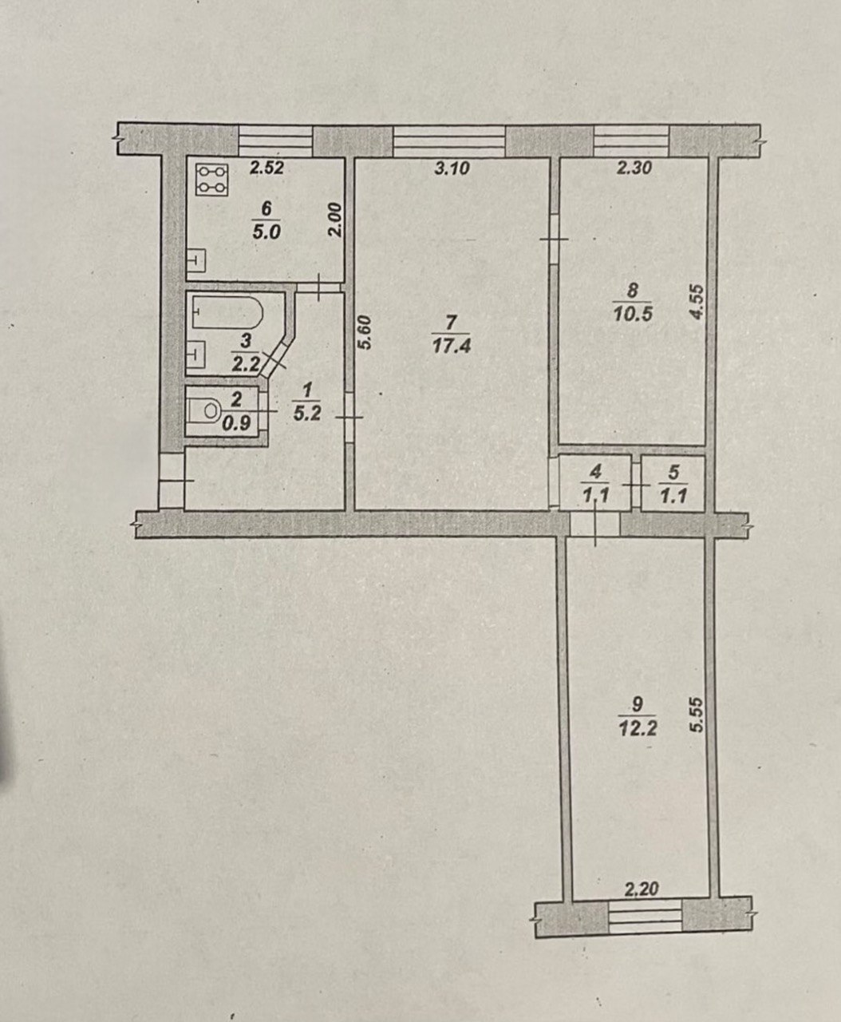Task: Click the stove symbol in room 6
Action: [x=211, y=179]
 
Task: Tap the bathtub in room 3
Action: [x=227, y=311]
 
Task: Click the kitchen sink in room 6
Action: [x=196, y=260]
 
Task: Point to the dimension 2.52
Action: [x=267, y=168]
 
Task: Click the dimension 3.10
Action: [x=452, y=168]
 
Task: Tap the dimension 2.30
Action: [x=634, y=168]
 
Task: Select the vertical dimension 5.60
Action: [x=365, y=332]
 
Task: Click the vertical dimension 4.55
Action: [x=697, y=303]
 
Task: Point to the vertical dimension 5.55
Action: [x=697, y=715]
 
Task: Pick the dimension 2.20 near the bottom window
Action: [x=642, y=889]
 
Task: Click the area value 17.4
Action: [x=452, y=346]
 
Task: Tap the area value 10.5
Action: [x=633, y=314]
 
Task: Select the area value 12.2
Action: [x=637, y=729]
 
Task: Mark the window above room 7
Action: [x=449, y=141]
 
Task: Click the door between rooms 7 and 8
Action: [x=554, y=240]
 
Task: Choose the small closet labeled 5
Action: [x=673, y=484]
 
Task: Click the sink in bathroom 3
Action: [x=195, y=352]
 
